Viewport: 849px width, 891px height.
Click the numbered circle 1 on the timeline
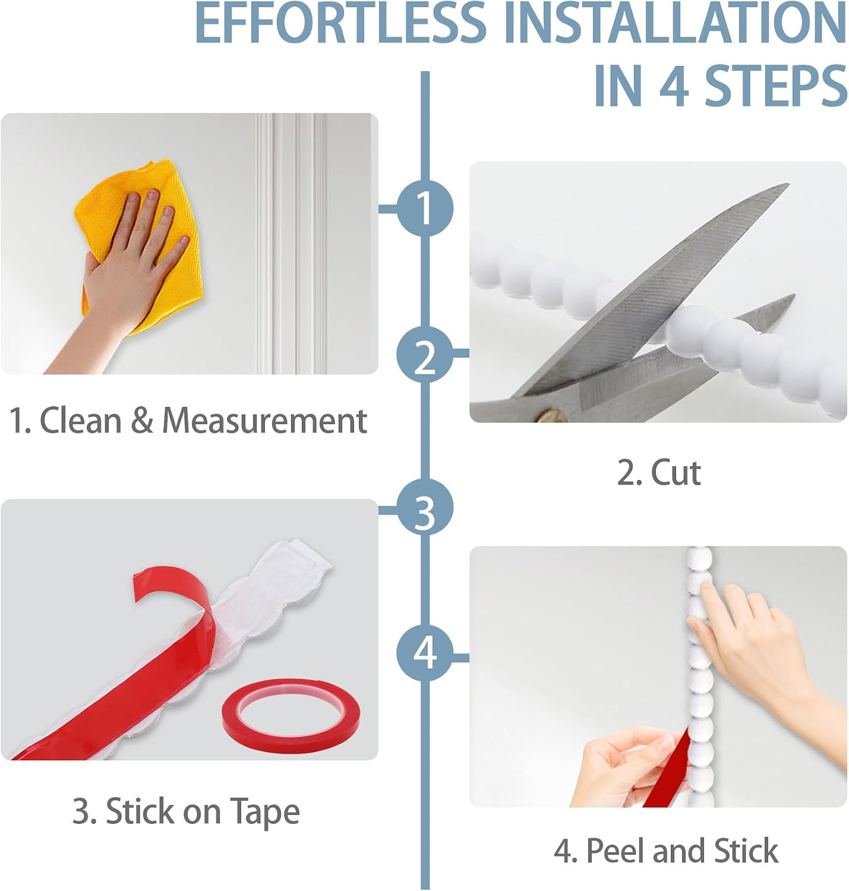click(425, 208)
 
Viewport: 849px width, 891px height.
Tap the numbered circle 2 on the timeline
click(425, 355)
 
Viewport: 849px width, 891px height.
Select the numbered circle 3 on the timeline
click(425, 507)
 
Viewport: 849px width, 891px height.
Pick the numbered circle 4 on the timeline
click(425, 653)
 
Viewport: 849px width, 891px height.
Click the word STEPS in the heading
click(776, 87)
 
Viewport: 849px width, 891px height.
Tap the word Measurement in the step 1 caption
click(265, 421)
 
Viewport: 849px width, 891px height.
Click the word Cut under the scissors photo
click(676, 473)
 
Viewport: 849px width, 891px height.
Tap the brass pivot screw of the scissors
click(549, 414)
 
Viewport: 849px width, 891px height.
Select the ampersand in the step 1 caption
click(142, 421)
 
